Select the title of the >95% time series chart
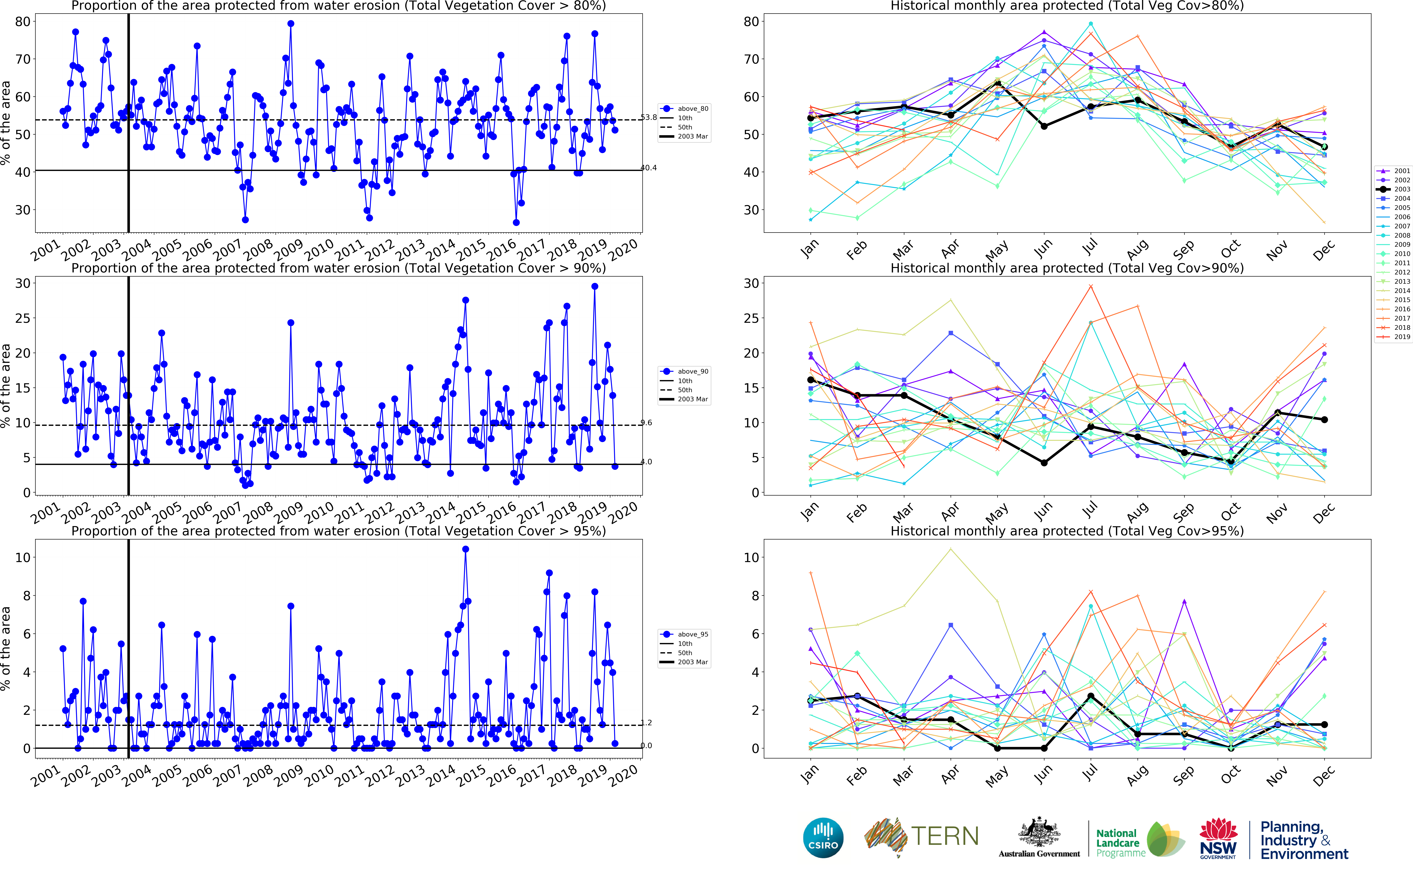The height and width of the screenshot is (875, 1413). (x=339, y=531)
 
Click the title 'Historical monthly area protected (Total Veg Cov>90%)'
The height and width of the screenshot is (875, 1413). (x=1067, y=268)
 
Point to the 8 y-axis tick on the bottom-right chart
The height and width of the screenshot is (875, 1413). (x=751, y=596)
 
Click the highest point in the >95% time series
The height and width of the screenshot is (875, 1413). (x=465, y=549)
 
